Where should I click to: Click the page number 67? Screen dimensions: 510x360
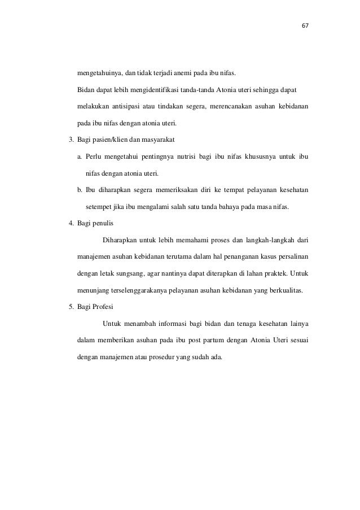pyautogui.click(x=306, y=26)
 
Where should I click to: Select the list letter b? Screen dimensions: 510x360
pyautogui.click(x=80, y=190)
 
